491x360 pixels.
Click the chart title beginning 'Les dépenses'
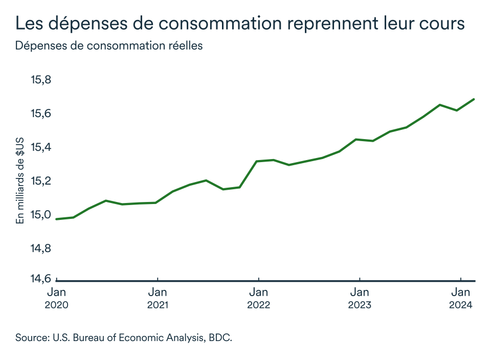pyautogui.click(x=240, y=24)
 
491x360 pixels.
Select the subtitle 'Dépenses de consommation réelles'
pyautogui.click(x=109, y=46)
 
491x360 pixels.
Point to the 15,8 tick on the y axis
pyautogui.click(x=42, y=80)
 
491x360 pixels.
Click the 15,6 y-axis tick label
pyautogui.click(x=42, y=114)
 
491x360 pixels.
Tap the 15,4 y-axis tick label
pyautogui.click(x=42, y=147)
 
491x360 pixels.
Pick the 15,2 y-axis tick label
pyautogui.click(x=42, y=181)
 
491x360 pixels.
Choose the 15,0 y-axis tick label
pyautogui.click(x=42, y=215)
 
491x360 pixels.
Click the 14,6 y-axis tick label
pyautogui.click(x=42, y=279)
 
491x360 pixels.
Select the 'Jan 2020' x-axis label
pyautogui.click(x=57, y=299)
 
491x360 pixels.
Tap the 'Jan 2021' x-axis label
pyautogui.click(x=158, y=299)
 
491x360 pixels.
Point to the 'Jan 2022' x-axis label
pyautogui.click(x=259, y=299)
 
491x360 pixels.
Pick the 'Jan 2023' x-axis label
pyautogui.click(x=360, y=299)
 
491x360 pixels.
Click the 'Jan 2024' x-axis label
pyautogui.click(x=461, y=299)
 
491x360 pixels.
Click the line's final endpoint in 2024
pyautogui.click(x=474, y=99)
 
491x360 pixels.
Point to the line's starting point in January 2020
pyautogui.click(x=56, y=219)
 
